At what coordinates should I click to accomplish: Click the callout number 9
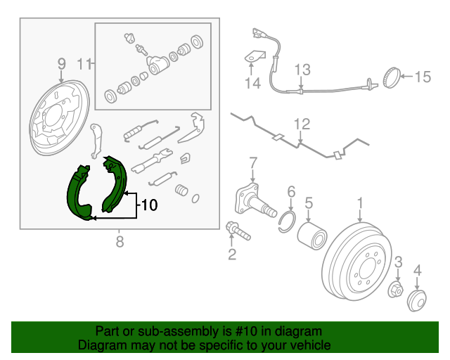[x=61, y=63]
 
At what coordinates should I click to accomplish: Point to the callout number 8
[x=120, y=243]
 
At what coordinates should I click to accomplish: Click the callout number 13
[x=302, y=69]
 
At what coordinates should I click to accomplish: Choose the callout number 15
[x=421, y=77]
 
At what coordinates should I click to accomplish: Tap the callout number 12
[x=302, y=124]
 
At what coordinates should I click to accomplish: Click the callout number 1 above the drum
[x=360, y=204]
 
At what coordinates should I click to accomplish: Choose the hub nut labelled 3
[x=395, y=289]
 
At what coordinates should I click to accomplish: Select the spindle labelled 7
[x=253, y=201]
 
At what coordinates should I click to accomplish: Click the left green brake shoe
[x=77, y=193]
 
